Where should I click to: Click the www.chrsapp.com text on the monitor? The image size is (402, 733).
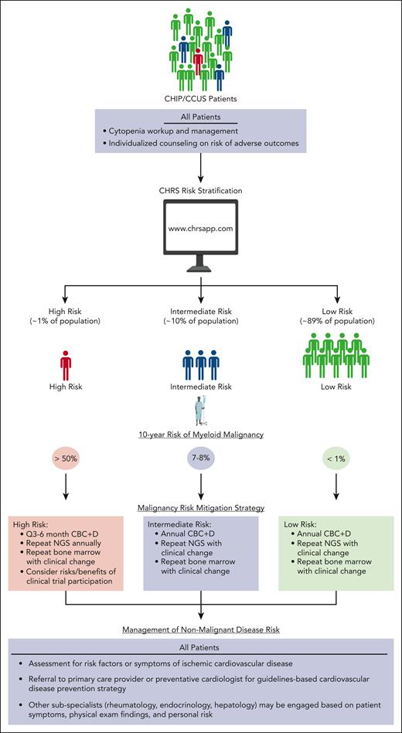(200, 230)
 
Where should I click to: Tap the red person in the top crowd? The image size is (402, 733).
(199, 59)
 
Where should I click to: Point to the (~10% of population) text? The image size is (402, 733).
(200, 321)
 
